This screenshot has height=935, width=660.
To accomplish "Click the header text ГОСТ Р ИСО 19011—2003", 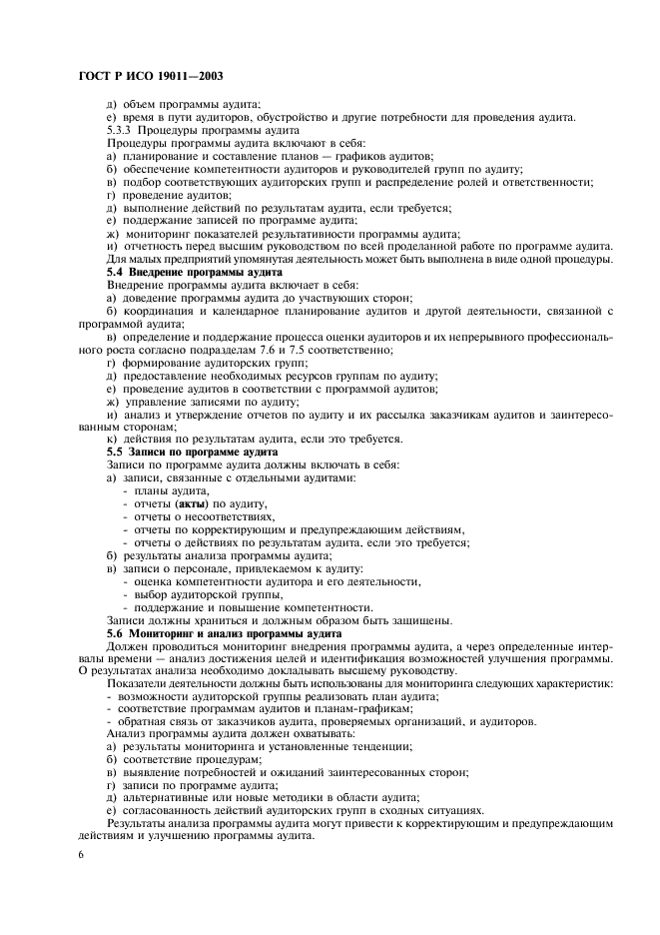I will [143, 77].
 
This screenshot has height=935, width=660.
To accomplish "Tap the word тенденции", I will [374, 746].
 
